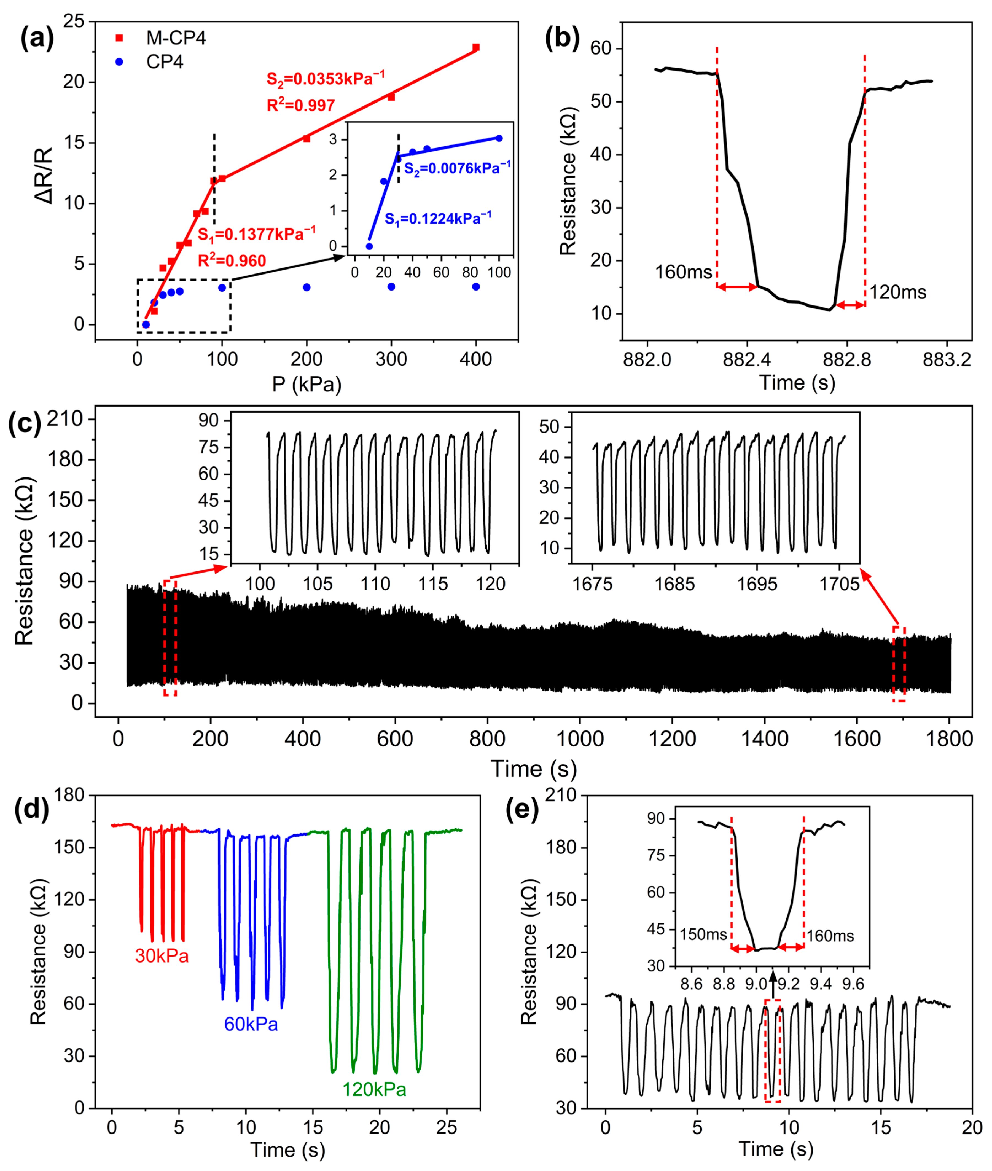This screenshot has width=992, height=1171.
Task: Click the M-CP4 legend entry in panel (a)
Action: [176, 38]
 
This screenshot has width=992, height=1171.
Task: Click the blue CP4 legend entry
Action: [164, 62]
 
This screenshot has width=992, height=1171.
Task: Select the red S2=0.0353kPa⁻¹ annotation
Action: [326, 79]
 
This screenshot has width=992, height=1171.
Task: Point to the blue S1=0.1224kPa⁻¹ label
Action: [437, 219]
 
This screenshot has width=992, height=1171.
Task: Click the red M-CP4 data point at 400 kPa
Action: [476, 48]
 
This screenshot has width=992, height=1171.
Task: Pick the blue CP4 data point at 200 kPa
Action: [307, 288]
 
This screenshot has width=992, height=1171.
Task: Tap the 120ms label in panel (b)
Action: [897, 292]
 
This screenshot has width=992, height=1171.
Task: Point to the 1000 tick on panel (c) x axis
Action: [580, 738]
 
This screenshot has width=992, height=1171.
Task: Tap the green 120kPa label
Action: [374, 1089]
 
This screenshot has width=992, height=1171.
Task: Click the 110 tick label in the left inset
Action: [375, 584]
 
